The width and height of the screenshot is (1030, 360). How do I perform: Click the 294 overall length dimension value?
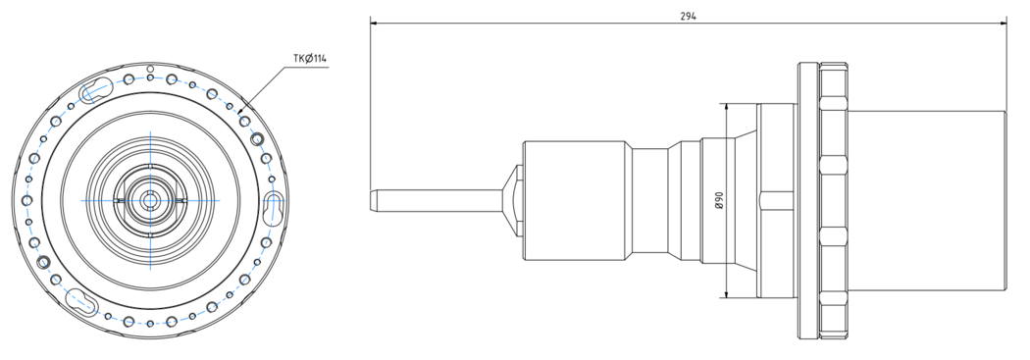688,17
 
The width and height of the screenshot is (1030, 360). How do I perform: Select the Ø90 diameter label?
719,200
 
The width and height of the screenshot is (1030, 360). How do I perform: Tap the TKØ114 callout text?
310,59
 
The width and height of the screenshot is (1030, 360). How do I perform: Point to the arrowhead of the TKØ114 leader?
241,113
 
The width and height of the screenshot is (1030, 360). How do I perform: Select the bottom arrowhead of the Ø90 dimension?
727,292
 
